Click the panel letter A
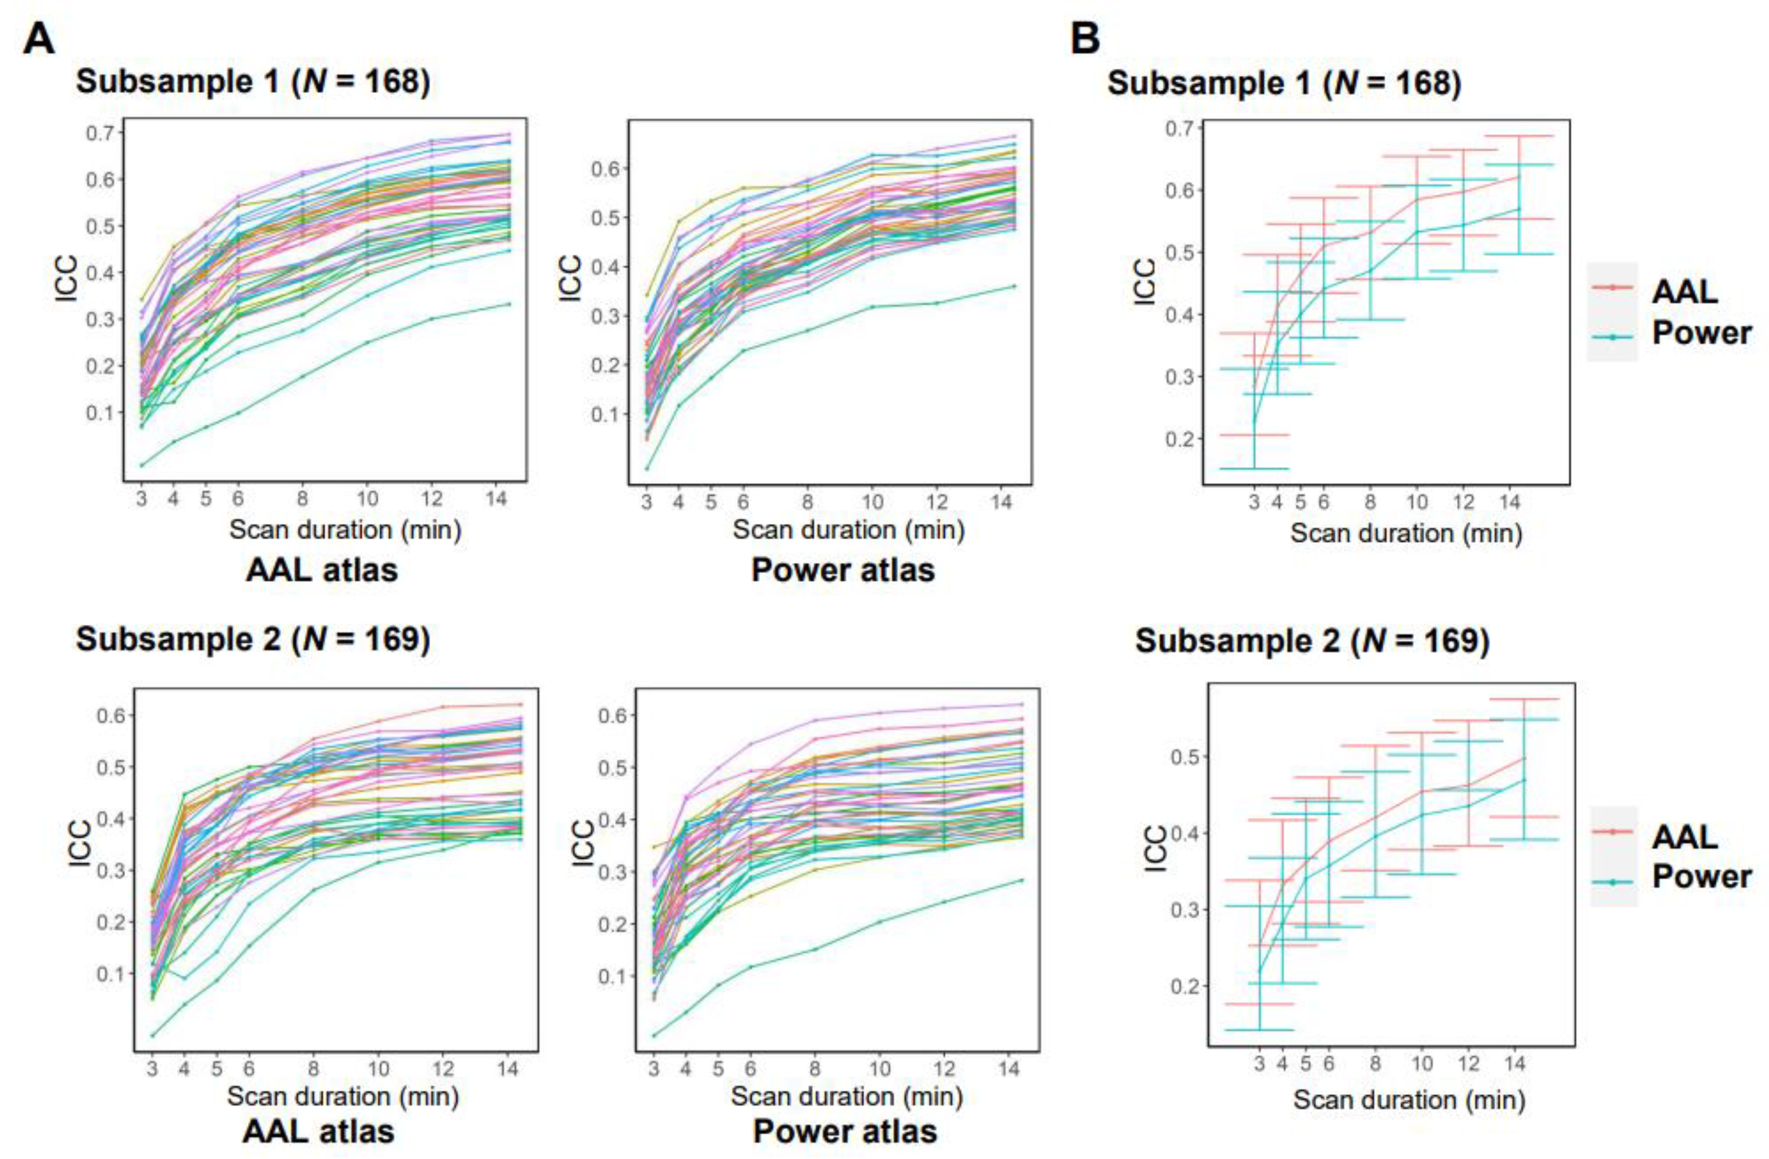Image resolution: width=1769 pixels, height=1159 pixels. pyautogui.click(x=38, y=38)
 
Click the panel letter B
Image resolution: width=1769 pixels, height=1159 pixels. pyautogui.click(x=1085, y=38)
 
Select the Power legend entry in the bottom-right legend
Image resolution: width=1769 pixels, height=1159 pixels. pyautogui.click(x=1701, y=876)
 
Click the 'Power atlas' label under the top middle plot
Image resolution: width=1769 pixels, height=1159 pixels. pyautogui.click(x=843, y=570)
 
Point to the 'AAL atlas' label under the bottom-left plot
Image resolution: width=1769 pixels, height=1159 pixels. pyautogui.click(x=318, y=1131)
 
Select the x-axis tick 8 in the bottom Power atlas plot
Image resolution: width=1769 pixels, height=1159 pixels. pyautogui.click(x=815, y=1070)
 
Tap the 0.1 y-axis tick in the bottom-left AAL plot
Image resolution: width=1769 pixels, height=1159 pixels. pyautogui.click(x=111, y=974)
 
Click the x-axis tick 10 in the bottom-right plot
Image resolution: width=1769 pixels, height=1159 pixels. pyautogui.click(x=1421, y=1064)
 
